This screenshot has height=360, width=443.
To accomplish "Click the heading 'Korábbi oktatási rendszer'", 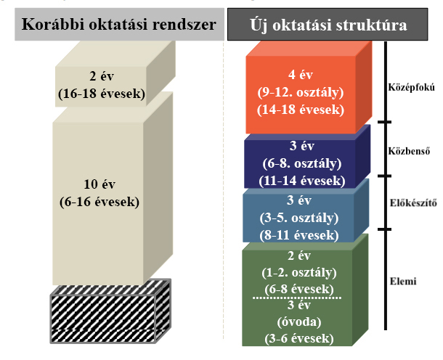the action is tap(119, 24).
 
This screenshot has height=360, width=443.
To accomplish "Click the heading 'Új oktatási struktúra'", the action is tap(328, 25).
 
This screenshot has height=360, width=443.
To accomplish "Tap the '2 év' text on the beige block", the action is tap(102, 76).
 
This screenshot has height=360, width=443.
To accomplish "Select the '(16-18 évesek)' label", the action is tap(102, 94).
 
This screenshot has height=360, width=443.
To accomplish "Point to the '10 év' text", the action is tap(99, 184).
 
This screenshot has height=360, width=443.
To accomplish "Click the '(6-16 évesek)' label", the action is tap(99, 202).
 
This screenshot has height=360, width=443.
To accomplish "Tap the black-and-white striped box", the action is tap(110, 311).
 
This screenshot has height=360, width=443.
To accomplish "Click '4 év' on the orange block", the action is tap(301, 75).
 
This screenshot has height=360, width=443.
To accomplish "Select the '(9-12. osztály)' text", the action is tap(301, 92).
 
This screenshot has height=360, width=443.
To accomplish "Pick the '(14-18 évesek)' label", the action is tap(301, 110).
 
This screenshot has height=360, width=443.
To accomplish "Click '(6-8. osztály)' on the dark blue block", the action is tap(301, 163).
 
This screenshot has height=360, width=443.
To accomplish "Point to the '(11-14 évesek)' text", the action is tap(301, 181).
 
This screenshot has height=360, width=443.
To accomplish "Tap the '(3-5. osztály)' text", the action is tap(299, 218).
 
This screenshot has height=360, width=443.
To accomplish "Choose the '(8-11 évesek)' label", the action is tap(299, 235).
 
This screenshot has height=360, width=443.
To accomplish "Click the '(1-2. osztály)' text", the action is tap(299, 273).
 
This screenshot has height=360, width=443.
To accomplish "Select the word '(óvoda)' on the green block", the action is tap(299, 322).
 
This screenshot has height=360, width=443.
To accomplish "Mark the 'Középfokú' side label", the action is tap(411, 87).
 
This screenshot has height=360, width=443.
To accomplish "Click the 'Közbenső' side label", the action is tap(409, 151).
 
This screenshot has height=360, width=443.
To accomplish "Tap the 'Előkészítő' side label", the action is tap(413, 203).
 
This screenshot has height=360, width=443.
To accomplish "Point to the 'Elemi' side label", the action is tap(403, 281).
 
